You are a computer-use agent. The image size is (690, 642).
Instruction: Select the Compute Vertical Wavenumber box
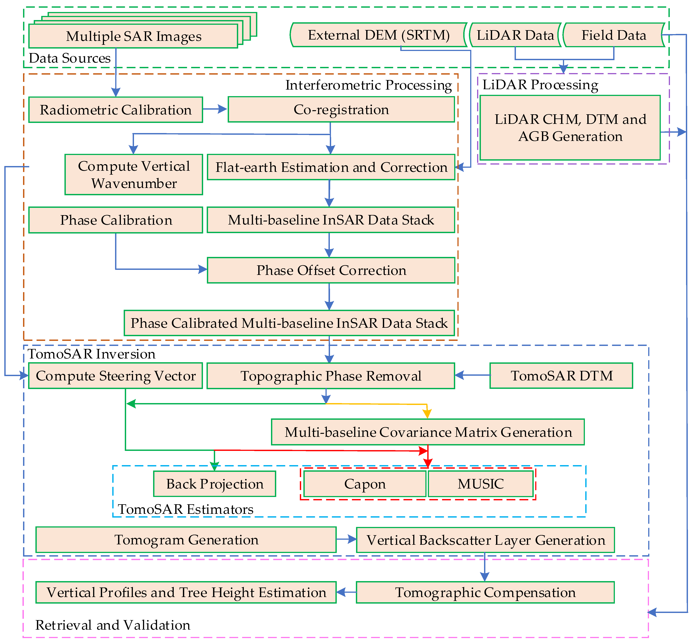coord(134,175)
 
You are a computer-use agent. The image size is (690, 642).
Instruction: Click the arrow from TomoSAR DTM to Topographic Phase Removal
coord(472,375)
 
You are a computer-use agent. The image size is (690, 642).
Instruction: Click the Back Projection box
coord(215,484)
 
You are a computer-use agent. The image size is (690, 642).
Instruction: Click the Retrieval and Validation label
coord(113,625)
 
